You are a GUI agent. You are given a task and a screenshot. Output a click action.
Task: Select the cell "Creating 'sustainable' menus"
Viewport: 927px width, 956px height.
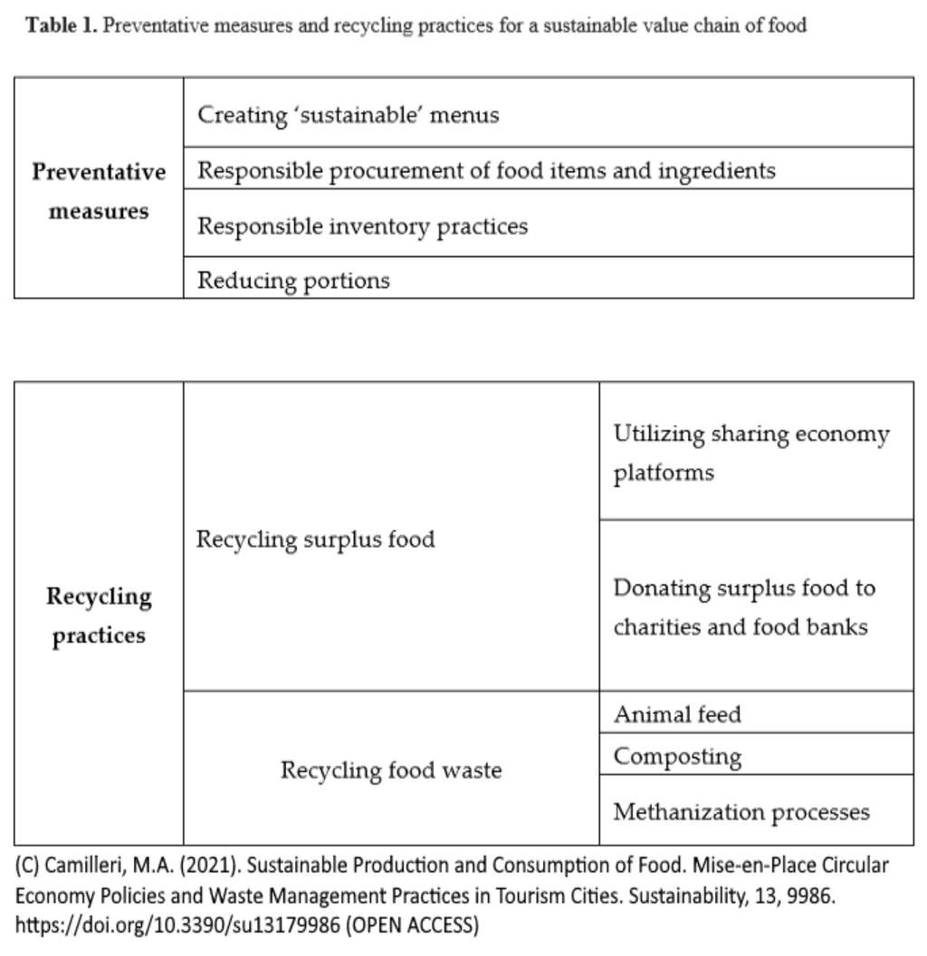(349, 115)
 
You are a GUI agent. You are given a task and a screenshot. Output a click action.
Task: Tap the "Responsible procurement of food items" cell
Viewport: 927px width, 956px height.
(486, 170)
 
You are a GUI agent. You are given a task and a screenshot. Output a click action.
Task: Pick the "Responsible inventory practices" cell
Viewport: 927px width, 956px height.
(362, 225)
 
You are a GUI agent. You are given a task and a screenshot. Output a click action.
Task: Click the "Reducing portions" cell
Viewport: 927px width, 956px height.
(293, 280)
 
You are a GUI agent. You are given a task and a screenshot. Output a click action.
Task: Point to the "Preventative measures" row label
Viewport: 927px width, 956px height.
(99, 191)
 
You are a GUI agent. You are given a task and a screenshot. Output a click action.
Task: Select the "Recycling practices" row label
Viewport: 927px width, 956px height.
(99, 616)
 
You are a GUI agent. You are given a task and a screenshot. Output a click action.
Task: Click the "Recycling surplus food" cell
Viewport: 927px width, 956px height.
(315, 540)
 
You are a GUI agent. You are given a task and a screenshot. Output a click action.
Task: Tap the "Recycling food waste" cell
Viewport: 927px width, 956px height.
(390, 770)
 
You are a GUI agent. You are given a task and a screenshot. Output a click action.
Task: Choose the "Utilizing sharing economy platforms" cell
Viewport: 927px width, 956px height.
(750, 453)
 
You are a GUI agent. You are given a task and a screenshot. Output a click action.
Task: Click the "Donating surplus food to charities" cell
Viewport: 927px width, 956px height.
(743, 607)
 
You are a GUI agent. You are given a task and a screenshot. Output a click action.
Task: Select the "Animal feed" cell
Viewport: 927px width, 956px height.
(676, 714)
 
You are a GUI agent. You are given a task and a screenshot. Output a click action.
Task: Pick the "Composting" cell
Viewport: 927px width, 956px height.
(677, 756)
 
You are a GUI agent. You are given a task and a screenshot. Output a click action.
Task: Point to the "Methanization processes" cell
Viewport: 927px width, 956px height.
(741, 812)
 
